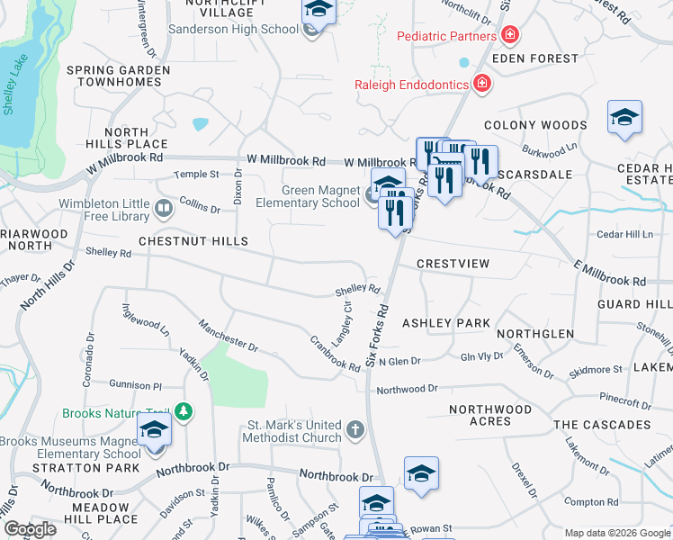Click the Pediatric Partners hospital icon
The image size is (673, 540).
coord(510,36)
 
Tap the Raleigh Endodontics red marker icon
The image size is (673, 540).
coord(482,84)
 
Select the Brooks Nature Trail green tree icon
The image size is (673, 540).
coord(184,412)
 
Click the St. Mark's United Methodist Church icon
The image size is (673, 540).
coord(355,431)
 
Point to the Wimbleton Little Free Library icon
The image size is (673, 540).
coord(164,210)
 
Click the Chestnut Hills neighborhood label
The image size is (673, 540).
coord(193,241)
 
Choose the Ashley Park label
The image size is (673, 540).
coord(445,323)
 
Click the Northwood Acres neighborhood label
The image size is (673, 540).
coord(490,416)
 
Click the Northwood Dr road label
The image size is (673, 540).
coord(407,389)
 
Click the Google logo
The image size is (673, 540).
coord(30,528)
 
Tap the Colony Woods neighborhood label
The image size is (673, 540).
coord(534,126)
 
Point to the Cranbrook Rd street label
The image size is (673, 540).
coord(335,352)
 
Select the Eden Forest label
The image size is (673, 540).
coord(542,58)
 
